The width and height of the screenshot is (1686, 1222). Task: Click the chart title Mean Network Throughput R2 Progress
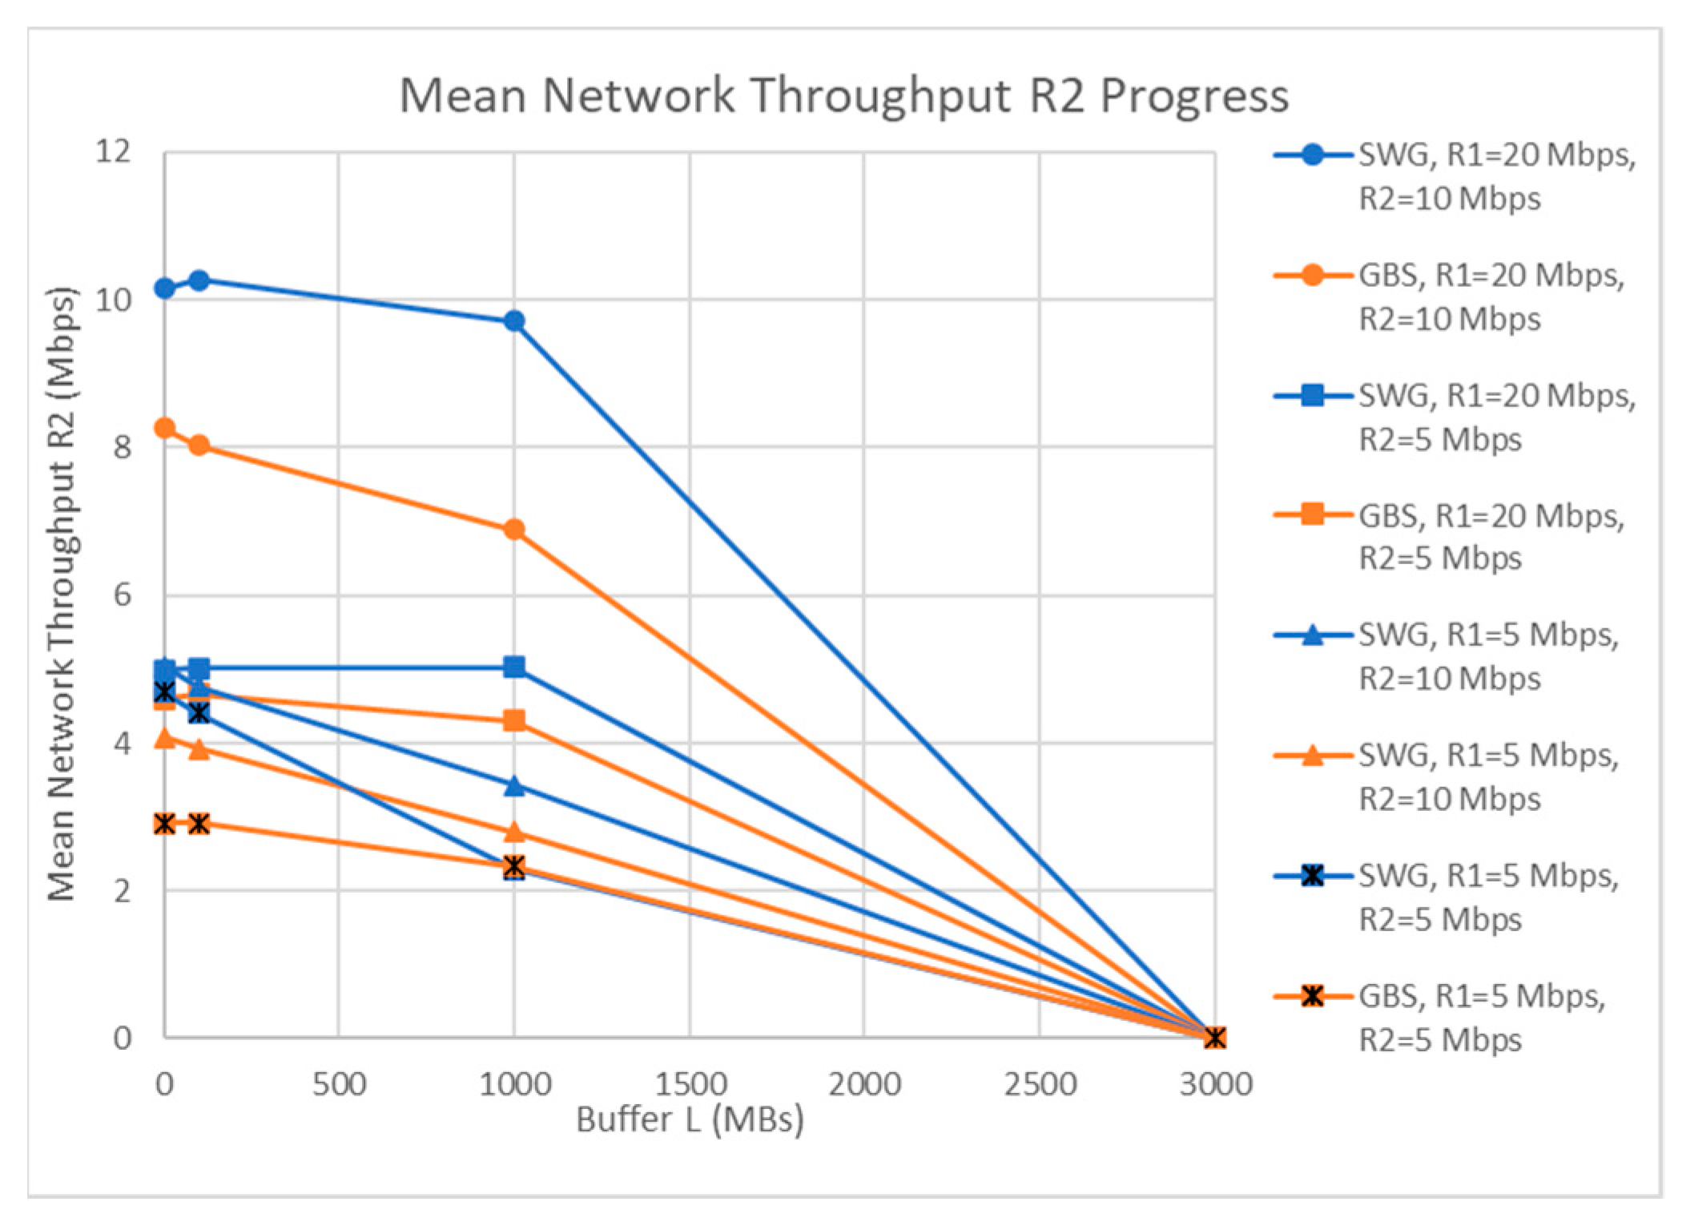(x=843, y=95)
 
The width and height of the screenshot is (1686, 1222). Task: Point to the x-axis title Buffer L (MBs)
(x=690, y=1119)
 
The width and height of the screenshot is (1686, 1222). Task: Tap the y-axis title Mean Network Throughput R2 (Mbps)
(x=62, y=594)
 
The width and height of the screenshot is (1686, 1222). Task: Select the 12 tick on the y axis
(x=113, y=151)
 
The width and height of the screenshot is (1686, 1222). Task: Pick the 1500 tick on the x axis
(x=690, y=1084)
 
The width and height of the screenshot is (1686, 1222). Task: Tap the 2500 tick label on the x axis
(x=1040, y=1084)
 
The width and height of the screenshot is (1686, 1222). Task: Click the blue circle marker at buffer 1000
(x=514, y=321)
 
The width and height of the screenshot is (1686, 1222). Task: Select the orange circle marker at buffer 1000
(x=514, y=530)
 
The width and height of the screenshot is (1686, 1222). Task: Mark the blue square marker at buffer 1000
(x=514, y=667)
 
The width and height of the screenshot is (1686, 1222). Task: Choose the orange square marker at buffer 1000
(x=514, y=720)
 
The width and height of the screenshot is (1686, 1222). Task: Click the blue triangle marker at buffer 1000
(x=514, y=786)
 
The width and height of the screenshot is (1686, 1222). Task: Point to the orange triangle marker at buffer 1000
(x=514, y=832)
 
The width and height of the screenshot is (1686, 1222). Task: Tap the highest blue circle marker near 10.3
(x=199, y=280)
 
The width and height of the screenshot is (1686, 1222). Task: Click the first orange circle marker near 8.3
(x=165, y=428)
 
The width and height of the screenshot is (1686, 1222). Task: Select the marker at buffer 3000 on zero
(x=1214, y=1038)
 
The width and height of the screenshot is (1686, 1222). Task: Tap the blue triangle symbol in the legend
(x=1312, y=636)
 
